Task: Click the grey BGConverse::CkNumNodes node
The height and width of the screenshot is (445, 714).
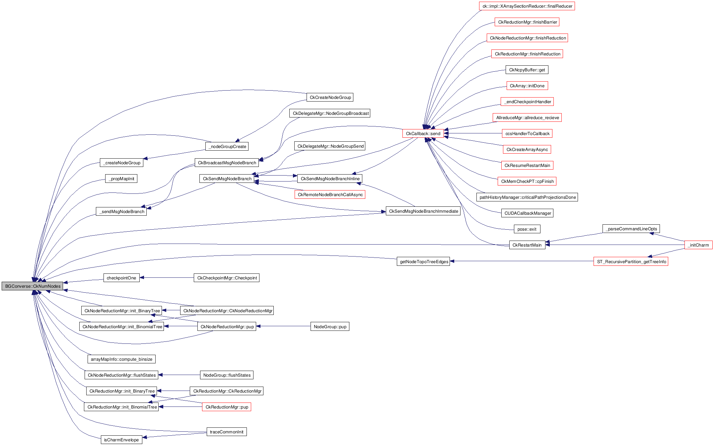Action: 33,286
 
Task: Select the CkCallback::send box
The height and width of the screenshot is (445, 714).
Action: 423,133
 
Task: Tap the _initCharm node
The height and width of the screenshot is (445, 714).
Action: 698,245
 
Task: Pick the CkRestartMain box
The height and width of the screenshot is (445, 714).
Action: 527,245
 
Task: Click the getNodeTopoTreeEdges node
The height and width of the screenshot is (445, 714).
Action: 424,261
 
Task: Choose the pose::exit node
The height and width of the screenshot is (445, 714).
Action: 527,229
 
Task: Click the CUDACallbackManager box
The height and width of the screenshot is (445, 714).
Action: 527,213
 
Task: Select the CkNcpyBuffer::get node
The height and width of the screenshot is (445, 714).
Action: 527,70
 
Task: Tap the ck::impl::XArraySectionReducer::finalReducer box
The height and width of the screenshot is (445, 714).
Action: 527,6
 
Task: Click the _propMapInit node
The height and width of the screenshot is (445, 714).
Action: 121,179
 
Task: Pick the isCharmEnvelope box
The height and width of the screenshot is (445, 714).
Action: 121,440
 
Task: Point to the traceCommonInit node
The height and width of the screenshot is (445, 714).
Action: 227,432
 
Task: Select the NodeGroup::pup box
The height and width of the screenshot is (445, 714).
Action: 330,327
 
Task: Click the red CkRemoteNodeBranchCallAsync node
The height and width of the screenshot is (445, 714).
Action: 330,194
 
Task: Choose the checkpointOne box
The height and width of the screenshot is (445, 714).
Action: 121,278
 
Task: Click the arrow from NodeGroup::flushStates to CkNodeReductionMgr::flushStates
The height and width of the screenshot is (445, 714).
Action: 179,375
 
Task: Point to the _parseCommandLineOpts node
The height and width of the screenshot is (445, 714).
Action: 631,229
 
